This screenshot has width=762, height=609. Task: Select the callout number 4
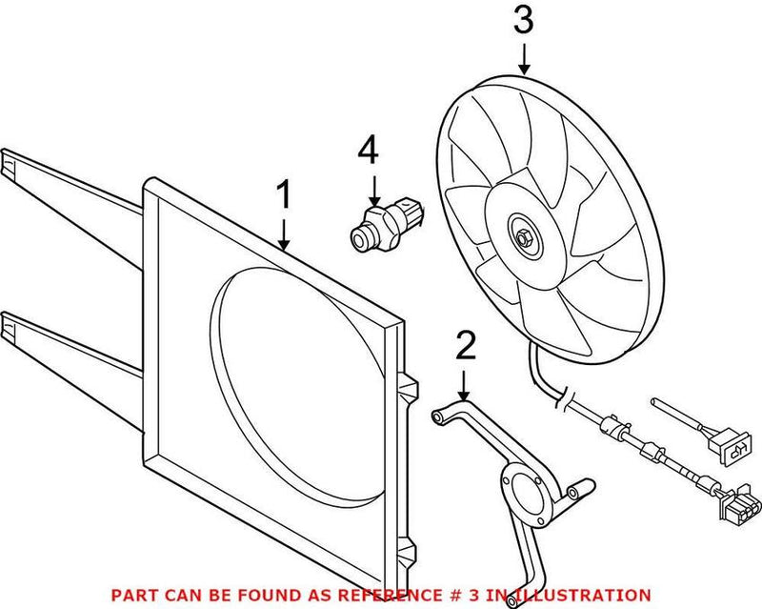[369, 151]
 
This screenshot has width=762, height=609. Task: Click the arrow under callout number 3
[524, 61]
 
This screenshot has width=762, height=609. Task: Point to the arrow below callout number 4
[374, 187]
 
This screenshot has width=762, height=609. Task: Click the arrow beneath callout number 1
[283, 233]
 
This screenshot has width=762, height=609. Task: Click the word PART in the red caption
[131, 594]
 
